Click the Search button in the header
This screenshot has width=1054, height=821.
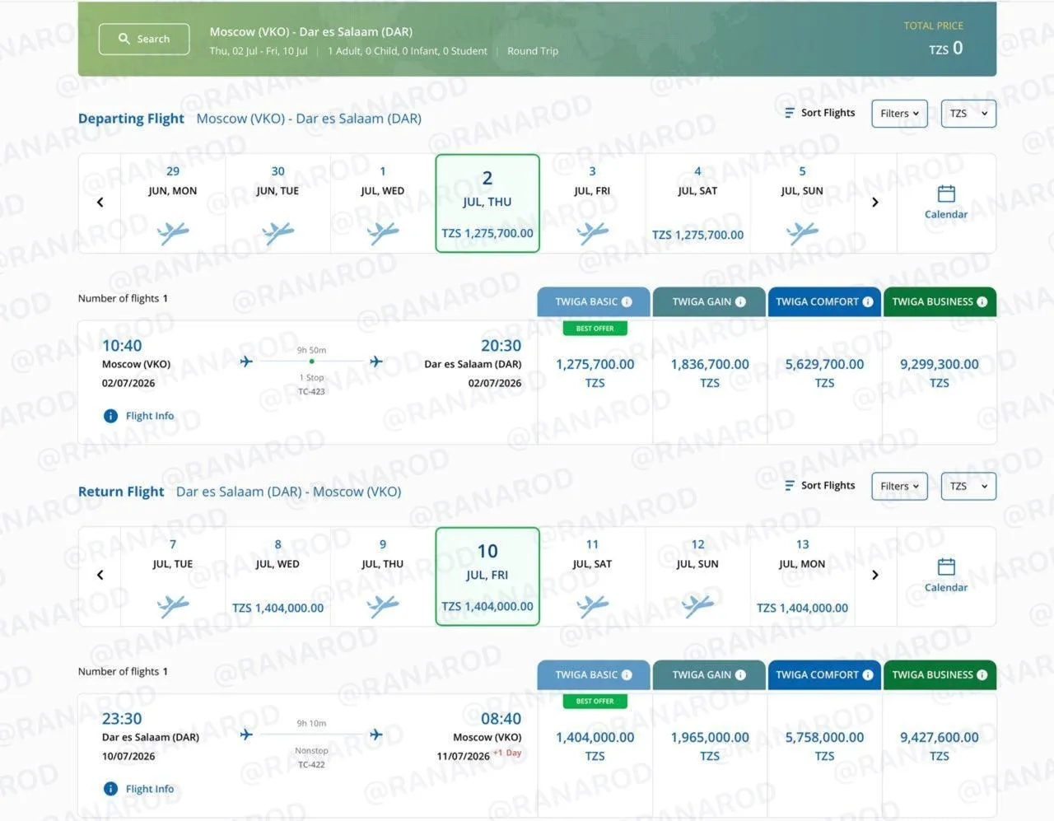pyautogui.click(x=144, y=39)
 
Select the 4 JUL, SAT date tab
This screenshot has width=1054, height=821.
pyautogui.click(x=697, y=203)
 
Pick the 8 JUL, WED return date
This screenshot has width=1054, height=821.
pyautogui.click(x=277, y=576)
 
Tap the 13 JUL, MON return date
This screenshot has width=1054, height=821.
pyautogui.click(x=802, y=576)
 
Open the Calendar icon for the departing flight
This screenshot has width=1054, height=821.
pyautogui.click(x=946, y=194)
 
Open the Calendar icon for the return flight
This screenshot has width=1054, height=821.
pyautogui.click(x=946, y=567)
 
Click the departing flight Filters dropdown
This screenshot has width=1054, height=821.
pyautogui.click(x=899, y=114)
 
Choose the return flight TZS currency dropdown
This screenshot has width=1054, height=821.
pyautogui.click(x=968, y=486)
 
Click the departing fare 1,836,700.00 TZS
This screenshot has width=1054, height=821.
pyautogui.click(x=710, y=373)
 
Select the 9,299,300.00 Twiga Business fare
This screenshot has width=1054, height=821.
pyautogui.click(x=939, y=373)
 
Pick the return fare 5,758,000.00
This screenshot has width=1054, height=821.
pyautogui.click(x=824, y=746)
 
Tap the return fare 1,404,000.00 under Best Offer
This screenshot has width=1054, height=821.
pyautogui.click(x=595, y=746)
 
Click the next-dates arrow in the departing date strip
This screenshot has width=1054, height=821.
pyautogui.click(x=875, y=203)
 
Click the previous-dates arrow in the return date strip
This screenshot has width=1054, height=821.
pyautogui.click(x=100, y=575)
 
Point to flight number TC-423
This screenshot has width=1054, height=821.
pyautogui.click(x=311, y=391)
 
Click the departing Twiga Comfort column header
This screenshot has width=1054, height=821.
pyautogui.click(x=824, y=301)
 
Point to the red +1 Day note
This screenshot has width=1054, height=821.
pyautogui.click(x=507, y=753)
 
